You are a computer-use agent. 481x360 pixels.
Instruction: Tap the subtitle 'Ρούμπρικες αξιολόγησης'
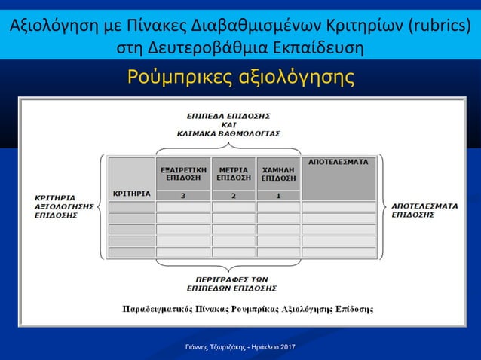240,77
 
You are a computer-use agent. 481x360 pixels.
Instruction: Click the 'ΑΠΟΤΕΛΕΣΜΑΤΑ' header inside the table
339,162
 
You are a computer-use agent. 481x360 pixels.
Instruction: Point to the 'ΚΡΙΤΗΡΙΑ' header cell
130,194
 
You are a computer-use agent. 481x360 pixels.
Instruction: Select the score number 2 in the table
234,196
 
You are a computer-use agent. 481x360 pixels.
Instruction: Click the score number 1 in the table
278,196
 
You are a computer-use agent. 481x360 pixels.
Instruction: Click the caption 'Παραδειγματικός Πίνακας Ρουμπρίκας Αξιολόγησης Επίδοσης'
248,309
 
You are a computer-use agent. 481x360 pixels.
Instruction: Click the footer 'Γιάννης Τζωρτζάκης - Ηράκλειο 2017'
240,345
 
